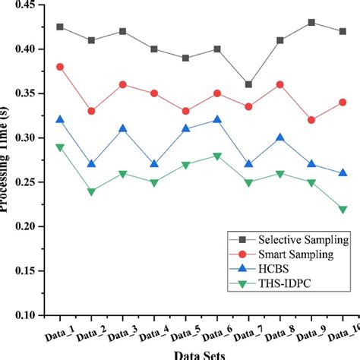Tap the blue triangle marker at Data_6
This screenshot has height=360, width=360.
coord(217,119)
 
